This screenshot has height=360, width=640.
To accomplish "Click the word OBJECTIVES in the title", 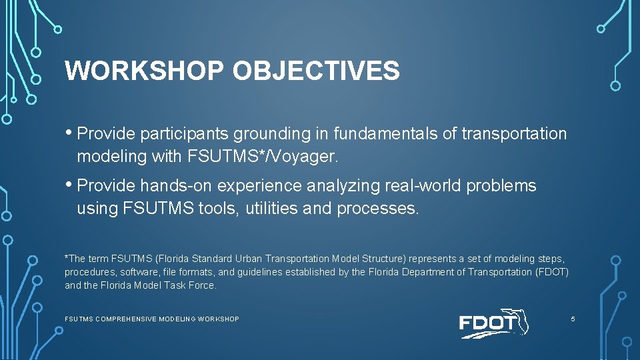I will pyautogui.click(x=316, y=71).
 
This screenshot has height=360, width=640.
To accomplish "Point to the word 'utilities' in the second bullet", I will pyautogui.click(x=271, y=209).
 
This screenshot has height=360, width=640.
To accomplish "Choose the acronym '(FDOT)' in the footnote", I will pyautogui.click(x=553, y=272).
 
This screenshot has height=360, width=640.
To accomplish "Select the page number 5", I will pyautogui.click(x=573, y=319).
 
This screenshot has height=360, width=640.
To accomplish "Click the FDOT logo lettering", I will pyautogui.click(x=487, y=324).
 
